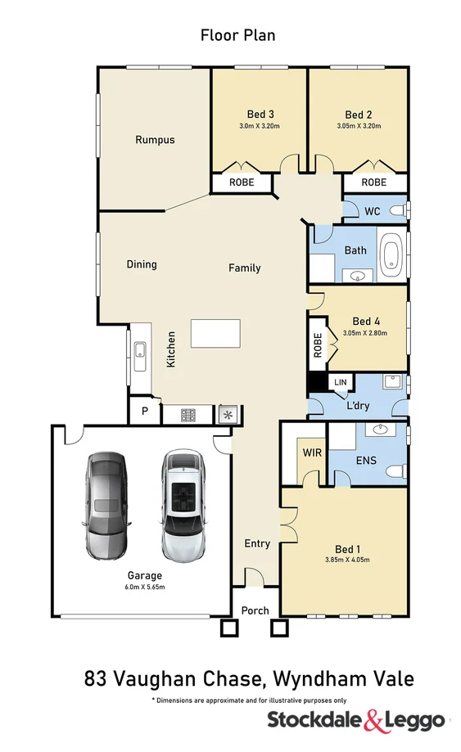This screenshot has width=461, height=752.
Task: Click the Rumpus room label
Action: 155,140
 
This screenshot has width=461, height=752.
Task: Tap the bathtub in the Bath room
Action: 393,252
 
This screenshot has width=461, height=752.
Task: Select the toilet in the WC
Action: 397,211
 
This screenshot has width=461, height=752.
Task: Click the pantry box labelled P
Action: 145,412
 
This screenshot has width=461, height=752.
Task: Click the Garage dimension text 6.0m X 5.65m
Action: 144,587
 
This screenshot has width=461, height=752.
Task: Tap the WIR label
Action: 310,453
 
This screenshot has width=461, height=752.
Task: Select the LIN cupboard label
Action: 340,382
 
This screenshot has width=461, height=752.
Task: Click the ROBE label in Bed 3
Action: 241,182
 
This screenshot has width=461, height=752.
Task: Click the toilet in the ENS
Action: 396,471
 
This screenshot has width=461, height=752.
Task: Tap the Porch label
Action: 255,611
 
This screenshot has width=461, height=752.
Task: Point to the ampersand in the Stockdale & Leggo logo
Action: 373,720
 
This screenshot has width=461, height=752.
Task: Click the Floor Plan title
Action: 237,35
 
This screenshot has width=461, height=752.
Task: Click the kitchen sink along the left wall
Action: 139,353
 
